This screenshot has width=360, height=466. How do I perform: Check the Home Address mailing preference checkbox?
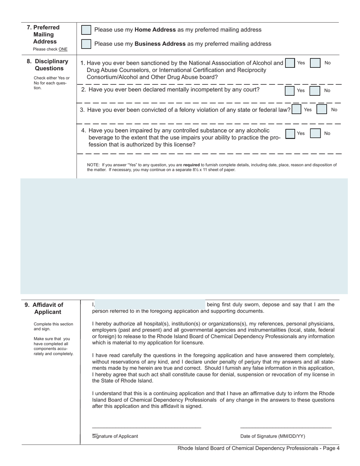coord(86,30)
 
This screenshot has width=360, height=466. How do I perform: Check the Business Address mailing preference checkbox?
coord(86,44)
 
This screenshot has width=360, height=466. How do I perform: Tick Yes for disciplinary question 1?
coord(290,63)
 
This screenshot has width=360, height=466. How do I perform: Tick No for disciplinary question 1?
coord(315,63)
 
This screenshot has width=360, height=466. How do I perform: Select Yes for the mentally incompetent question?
coord(290,91)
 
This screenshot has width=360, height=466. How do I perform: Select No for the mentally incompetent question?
coord(315,91)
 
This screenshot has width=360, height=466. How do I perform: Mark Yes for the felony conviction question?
coord(296,109)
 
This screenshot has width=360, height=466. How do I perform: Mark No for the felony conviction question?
coord(321,109)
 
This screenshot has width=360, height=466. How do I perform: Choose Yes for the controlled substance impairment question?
coord(290,134)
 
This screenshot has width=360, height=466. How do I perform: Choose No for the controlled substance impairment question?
coord(315,134)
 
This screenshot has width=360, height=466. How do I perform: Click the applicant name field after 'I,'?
coord(150,304)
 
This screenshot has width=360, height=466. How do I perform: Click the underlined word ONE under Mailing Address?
coord(63,49)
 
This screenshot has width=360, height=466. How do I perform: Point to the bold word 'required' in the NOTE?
coord(191,165)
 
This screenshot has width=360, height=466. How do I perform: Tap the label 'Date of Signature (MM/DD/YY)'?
coord(272,436)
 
